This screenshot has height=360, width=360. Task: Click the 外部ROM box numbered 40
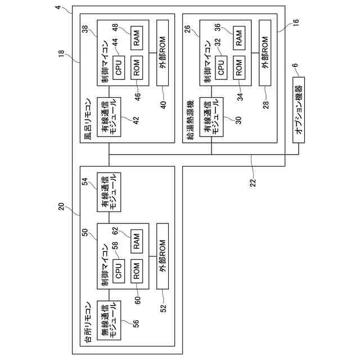coord(163,53)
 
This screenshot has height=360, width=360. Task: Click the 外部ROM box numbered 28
coord(265,53)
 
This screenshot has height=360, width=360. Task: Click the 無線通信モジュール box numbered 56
coord(108,321)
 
